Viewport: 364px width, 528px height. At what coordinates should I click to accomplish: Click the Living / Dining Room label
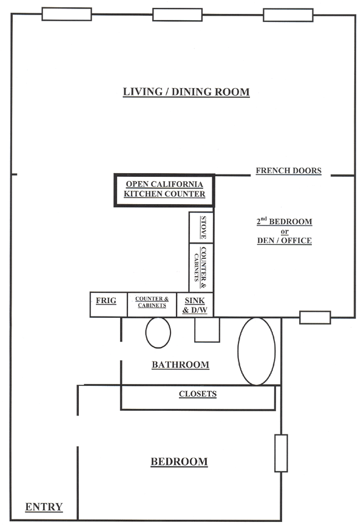coord(186,92)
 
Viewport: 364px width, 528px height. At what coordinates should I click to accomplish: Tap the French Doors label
coord(288,171)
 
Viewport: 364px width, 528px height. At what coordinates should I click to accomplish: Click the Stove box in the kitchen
coord(201,227)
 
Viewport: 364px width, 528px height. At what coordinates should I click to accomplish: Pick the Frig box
coord(109,304)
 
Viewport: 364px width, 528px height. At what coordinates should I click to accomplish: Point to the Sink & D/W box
coord(195,304)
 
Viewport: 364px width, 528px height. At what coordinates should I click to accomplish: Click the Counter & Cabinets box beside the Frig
coord(152,304)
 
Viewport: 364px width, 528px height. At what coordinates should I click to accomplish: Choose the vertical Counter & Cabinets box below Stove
coord(201,267)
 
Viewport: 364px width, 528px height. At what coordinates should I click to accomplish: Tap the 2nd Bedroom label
coord(285,221)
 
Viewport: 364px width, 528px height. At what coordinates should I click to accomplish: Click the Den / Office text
coord(285,241)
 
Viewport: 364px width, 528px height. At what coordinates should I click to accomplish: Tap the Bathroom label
coord(181,365)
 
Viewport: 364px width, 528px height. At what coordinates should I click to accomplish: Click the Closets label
coord(198,394)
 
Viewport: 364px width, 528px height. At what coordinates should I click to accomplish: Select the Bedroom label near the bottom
coord(179,462)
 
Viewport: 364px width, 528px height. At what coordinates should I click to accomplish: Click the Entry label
coord(44,507)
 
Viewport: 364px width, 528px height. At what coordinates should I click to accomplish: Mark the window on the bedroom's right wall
coord(281,453)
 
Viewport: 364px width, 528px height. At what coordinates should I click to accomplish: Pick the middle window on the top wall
coord(178,15)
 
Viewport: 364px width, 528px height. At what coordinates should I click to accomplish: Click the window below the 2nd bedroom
coord(315,318)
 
